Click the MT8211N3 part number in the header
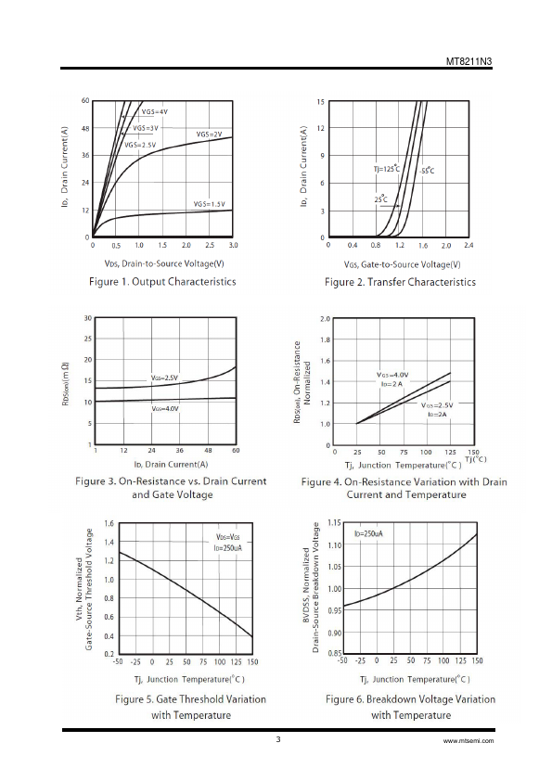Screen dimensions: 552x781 tap(469, 62)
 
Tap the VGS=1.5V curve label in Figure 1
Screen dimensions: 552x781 tap(210, 204)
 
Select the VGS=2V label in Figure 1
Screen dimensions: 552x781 tap(210, 134)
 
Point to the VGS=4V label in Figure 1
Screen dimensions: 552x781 tap(155, 111)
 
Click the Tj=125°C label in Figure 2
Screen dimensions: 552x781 tap(387, 169)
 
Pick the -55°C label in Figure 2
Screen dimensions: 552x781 tap(426, 171)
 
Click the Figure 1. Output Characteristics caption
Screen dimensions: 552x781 tap(162, 281)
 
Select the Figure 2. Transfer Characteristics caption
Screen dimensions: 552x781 tap(400, 282)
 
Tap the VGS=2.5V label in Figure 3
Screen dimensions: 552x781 tap(164, 378)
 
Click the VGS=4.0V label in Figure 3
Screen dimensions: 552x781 tap(165, 408)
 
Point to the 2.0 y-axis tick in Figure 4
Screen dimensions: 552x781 tap(325, 319)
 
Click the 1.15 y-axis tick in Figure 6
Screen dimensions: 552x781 tap(334, 522)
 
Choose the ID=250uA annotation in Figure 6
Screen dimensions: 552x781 tap(368, 534)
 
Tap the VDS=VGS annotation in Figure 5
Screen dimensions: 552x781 tap(227, 537)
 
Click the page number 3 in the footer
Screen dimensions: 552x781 tap(278, 739)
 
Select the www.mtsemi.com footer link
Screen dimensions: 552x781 tap(469, 741)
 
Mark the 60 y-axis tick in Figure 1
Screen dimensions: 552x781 tap(85, 100)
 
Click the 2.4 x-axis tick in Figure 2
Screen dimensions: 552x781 tap(469, 245)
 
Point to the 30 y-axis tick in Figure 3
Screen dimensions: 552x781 tap(88, 318)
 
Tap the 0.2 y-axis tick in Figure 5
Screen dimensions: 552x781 tap(109, 654)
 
